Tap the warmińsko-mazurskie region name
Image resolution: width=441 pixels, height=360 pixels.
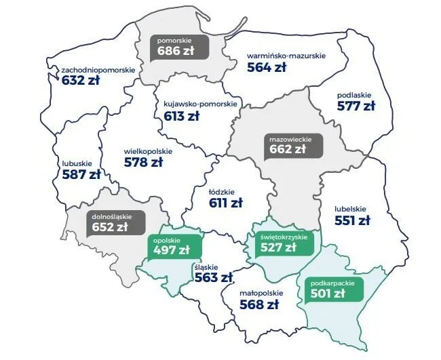(x=276, y=56)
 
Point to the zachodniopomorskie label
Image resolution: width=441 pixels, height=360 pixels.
(x=98, y=70)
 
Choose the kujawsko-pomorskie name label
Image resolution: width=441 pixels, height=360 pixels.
(x=200, y=104)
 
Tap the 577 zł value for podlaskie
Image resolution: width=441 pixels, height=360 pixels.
(x=356, y=106)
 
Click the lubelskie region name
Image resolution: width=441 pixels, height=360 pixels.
(x=351, y=209)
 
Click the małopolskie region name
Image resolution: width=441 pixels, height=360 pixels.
(x=261, y=294)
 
